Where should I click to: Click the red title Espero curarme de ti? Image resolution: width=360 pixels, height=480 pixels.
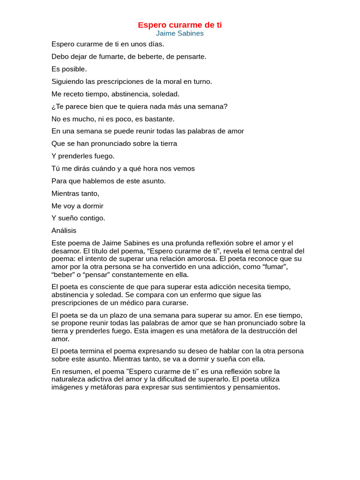tap(180, 25)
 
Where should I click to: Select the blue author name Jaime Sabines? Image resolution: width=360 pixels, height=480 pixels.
tap(180, 34)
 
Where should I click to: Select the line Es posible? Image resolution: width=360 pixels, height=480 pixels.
tap(69, 69)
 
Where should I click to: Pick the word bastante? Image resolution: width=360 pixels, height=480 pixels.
tap(160, 119)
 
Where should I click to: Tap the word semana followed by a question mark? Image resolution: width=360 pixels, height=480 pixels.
tap(213, 106)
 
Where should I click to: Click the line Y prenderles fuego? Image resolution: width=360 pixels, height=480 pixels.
tap(83, 156)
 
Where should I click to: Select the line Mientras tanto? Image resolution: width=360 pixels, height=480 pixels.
tap(75, 193)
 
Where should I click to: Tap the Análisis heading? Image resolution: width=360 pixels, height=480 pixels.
tap(64, 231)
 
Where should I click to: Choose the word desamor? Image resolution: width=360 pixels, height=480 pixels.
tap(65, 251)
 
